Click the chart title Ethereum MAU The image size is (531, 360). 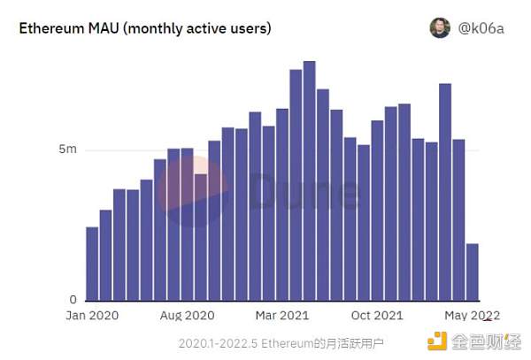click(x=145, y=28)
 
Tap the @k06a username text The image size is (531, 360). click(x=482, y=28)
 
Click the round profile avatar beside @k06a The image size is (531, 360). click(x=440, y=28)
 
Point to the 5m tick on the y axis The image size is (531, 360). click(x=67, y=149)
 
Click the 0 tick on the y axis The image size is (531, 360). click(x=73, y=300)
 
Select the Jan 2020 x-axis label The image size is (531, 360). click(x=92, y=316)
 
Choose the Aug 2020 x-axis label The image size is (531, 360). click(x=187, y=316)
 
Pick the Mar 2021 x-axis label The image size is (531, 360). click(x=281, y=316)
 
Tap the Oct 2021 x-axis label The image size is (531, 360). click(x=377, y=316)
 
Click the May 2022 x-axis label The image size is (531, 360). click(x=472, y=316)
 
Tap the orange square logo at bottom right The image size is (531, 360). click(x=438, y=341)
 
